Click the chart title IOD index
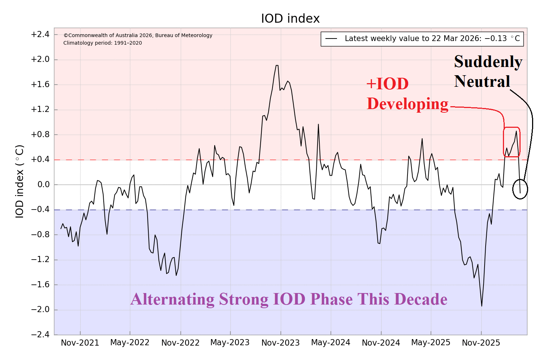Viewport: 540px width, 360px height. tap(290, 19)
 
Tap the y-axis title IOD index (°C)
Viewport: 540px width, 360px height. tap(19, 181)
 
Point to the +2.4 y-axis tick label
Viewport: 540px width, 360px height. tap(40, 35)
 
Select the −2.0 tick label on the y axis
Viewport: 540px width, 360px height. tap(40, 310)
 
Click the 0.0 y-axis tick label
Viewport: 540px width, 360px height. tap(42, 185)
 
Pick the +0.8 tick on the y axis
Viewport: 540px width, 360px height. tap(40, 135)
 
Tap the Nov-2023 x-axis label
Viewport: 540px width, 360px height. tap(280, 343)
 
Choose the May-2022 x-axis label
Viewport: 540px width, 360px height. tap(130, 343)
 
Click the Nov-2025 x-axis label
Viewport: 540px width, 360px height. tap(481, 343)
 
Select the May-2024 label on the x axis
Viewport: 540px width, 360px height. tap(330, 343)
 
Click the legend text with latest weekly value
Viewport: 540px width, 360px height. tap(432, 39)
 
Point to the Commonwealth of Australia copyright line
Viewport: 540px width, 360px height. tap(138, 35)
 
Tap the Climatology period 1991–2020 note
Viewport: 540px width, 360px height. tap(103, 43)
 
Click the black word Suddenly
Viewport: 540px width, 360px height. tap(488, 62)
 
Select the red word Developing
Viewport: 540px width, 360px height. tap(408, 104)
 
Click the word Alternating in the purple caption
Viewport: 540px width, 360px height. tap(172, 300)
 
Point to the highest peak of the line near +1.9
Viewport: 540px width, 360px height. tap(277, 66)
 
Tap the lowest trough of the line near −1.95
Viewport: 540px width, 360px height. tap(482, 306)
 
